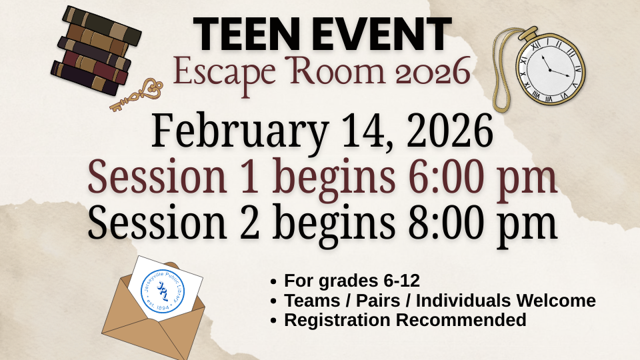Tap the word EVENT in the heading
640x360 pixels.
click(x=383, y=35)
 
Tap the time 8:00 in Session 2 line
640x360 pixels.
click(x=463, y=223)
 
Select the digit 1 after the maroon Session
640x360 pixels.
click(x=249, y=177)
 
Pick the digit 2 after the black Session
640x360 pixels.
click(x=249, y=223)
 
